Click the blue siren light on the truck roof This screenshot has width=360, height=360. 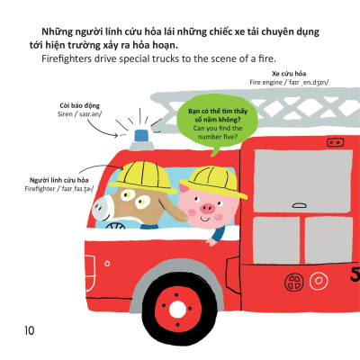142,137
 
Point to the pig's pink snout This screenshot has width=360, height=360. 208,211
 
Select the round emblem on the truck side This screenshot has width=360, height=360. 295,283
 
